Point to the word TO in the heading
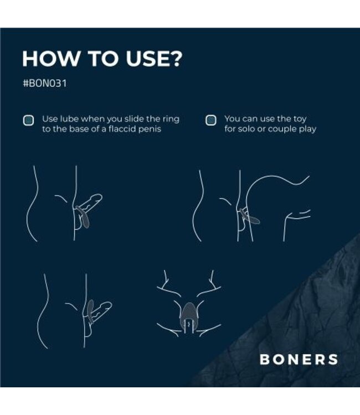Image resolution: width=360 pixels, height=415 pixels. pyautogui.click(x=97, y=59)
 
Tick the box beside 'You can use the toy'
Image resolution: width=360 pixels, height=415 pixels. pyautogui.click(x=210, y=120)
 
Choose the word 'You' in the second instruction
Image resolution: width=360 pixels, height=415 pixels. pyautogui.click(x=232, y=119)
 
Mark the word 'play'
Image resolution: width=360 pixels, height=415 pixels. pyautogui.click(x=307, y=129)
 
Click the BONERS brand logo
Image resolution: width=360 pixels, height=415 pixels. pyautogui.click(x=299, y=359)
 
